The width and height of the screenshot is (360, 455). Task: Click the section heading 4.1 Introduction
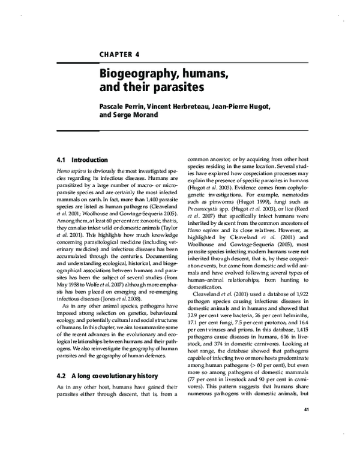coord(81,161)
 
